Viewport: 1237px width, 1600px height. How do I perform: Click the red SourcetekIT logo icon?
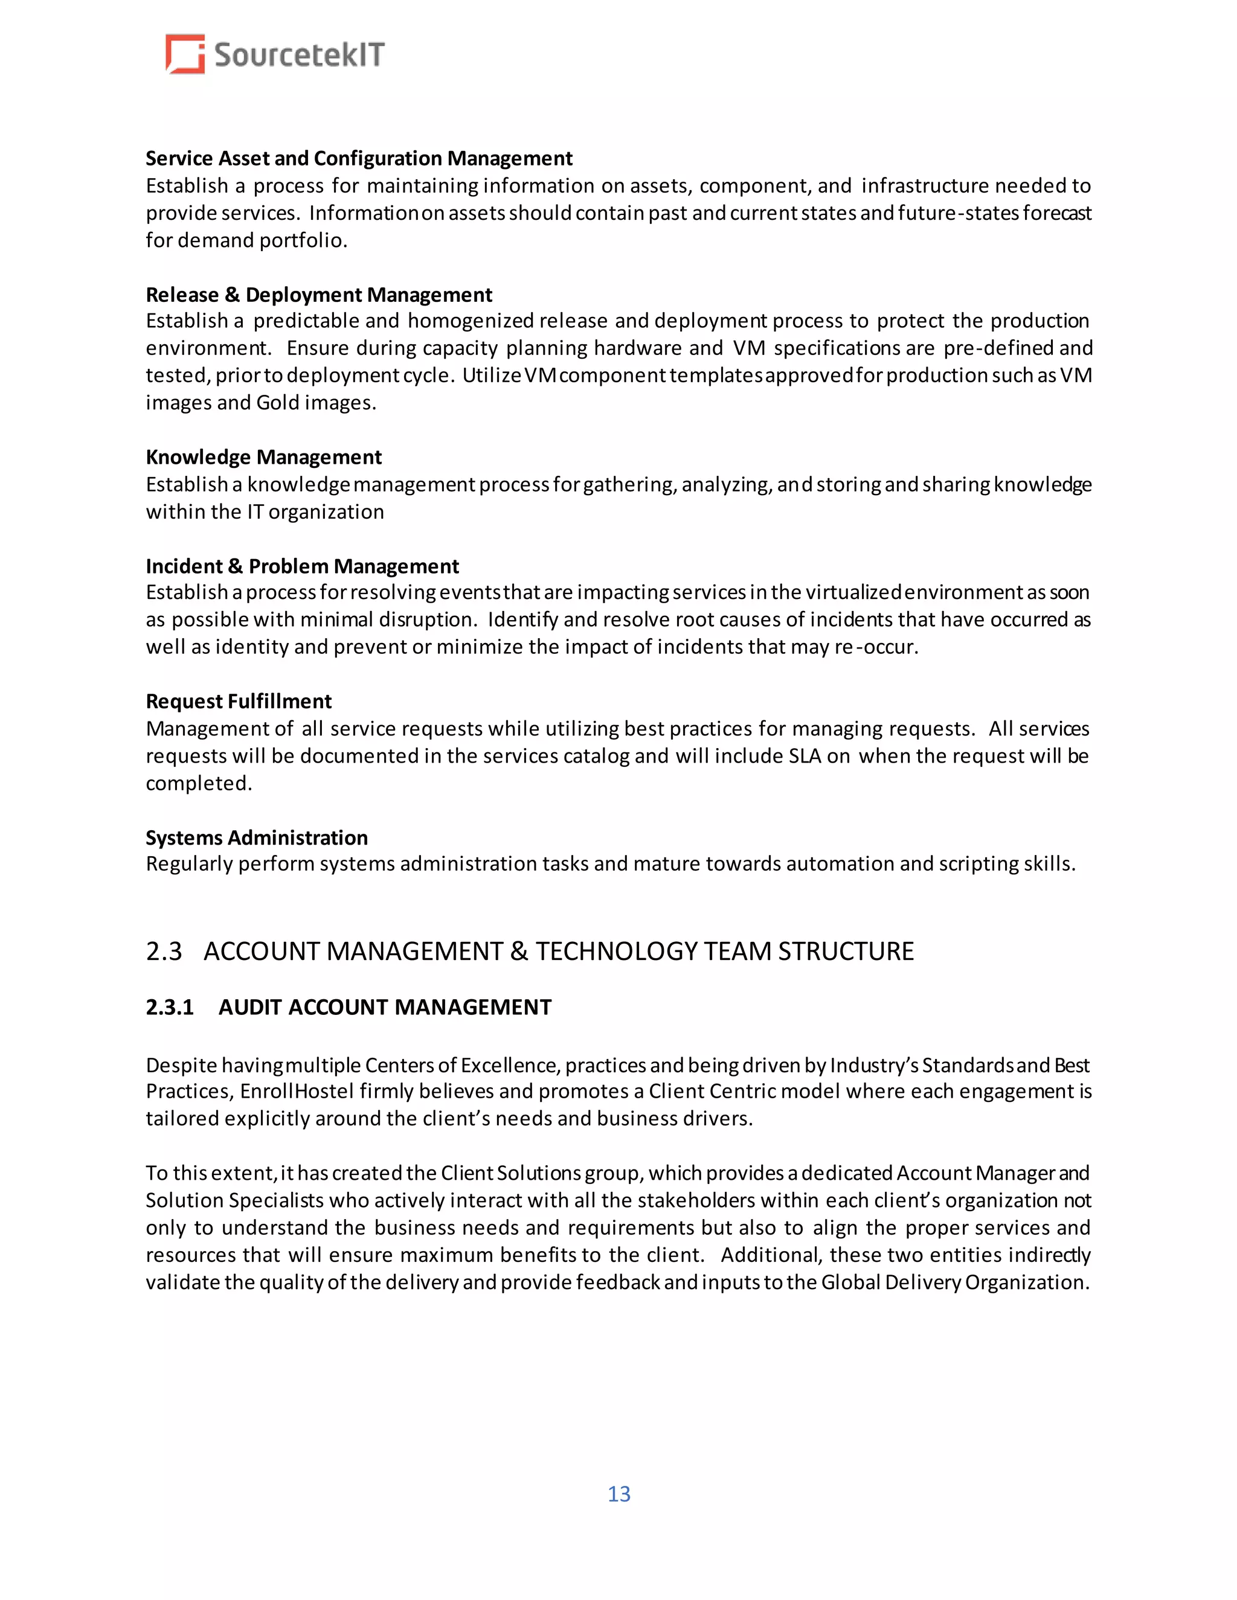185,54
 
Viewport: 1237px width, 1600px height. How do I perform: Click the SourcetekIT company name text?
299,56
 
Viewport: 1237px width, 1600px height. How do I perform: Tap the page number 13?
618,1494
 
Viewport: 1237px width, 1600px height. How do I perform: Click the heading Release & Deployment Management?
319,295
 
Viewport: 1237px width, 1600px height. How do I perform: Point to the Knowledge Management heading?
263,457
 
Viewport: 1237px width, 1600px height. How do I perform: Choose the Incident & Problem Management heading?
302,566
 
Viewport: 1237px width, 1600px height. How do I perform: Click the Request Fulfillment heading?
238,701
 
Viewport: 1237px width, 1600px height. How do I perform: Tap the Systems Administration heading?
257,837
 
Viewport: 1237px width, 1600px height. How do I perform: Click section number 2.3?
164,951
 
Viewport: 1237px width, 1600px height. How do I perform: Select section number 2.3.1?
169,1007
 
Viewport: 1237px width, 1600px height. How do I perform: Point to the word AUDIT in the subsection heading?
249,1007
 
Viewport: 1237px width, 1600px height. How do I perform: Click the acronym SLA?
805,756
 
